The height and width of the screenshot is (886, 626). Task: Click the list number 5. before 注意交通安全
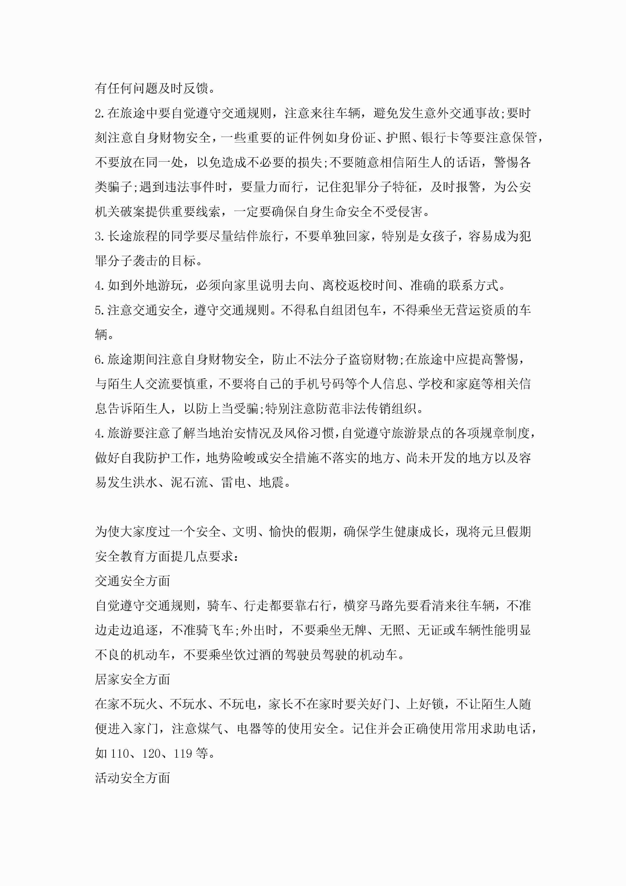[x=100, y=310]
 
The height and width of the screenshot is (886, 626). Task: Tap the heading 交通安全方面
[x=133, y=581]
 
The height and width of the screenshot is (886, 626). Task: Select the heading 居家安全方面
[x=133, y=680]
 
